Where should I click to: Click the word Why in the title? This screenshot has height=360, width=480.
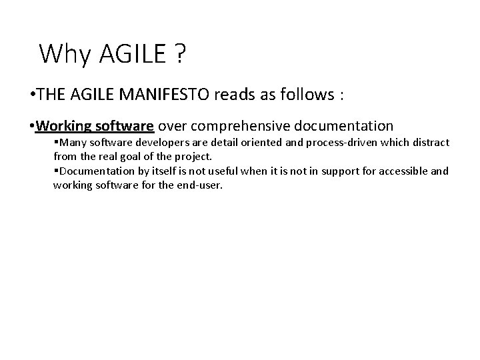point(63,53)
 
